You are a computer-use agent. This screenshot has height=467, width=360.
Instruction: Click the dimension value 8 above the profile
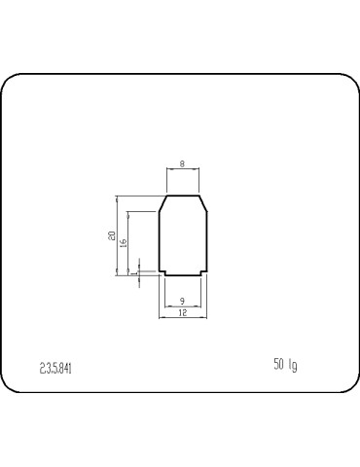pos(183,164)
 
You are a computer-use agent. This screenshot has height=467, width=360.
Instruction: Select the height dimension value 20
pos(113,235)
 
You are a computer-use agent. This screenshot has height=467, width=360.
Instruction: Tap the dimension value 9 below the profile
pos(183,302)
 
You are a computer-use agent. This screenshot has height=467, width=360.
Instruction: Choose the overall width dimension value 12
pos(183,313)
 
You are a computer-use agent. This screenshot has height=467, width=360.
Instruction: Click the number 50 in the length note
pos(279,365)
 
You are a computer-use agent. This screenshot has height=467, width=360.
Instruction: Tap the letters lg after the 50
pos(293,366)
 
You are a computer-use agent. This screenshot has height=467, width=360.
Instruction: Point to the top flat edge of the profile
pos(183,195)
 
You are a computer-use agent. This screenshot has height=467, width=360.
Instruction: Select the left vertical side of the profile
pos(160,238)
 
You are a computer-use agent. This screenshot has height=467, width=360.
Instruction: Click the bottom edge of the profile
pos(183,273)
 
